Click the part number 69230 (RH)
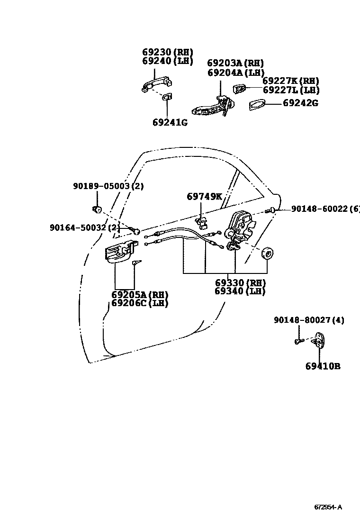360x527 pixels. pos(168,52)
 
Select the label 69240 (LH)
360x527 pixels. pos(168,61)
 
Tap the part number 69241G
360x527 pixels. pos(170,123)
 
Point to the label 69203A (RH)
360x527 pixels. pos(235,63)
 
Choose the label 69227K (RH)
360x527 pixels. pos(291,81)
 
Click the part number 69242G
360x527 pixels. pos(300,102)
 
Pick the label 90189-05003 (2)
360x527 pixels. pos(108,186)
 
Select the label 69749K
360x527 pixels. pos(204,196)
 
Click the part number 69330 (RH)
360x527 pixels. pos(240,282)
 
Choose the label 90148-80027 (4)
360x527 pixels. pos(309,320)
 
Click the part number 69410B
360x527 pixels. pos(323,366)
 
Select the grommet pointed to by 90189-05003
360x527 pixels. pos(98,209)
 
